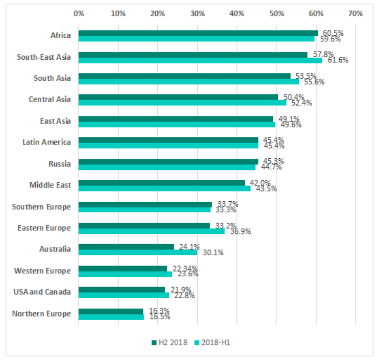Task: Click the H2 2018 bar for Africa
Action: coord(198,33)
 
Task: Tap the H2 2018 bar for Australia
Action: coord(126,247)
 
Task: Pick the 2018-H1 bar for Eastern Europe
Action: coord(151,231)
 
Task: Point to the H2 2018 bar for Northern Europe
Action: coord(111,311)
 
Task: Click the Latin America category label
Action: coord(47,142)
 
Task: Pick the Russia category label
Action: coord(60,164)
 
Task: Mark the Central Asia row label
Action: coord(50,99)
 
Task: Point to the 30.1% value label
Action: coord(210,253)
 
